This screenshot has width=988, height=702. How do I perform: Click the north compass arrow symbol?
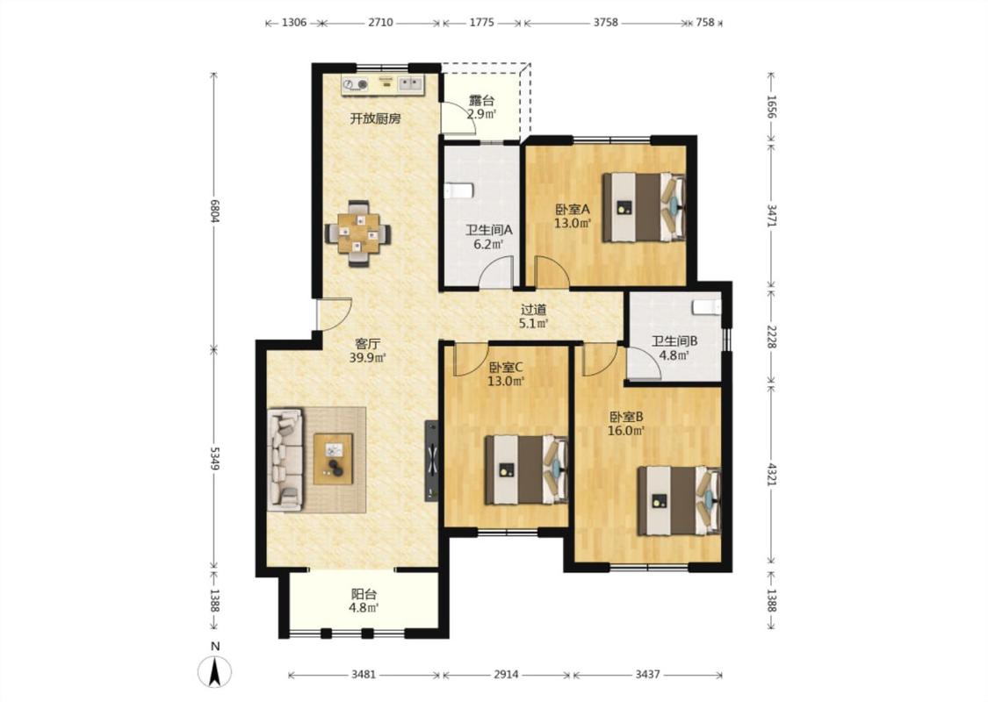[x=215, y=672]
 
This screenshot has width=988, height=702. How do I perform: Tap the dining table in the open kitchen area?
[x=358, y=233]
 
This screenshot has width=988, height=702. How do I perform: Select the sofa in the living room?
[x=285, y=459]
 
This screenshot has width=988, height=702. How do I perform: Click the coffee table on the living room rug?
[x=334, y=459]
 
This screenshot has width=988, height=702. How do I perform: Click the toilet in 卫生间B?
[x=707, y=306]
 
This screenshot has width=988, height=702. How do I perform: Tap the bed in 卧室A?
[x=644, y=207]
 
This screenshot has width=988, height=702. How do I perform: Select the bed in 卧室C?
[x=526, y=469]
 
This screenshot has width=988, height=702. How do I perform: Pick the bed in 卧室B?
[x=679, y=500]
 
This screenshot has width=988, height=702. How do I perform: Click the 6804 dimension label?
[x=214, y=211]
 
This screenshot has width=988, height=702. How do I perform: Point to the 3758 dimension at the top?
[x=605, y=23]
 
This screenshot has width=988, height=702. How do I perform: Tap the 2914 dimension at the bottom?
[x=506, y=674]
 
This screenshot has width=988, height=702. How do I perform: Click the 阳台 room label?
[x=364, y=594]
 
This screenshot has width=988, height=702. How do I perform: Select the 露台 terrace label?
[x=481, y=100]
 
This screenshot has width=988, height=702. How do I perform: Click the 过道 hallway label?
[x=533, y=310]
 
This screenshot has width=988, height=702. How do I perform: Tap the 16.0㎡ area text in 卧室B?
[x=625, y=431]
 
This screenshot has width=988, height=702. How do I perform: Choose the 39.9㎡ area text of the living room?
[x=367, y=358]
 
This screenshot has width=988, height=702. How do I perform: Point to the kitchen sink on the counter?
[x=410, y=83]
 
